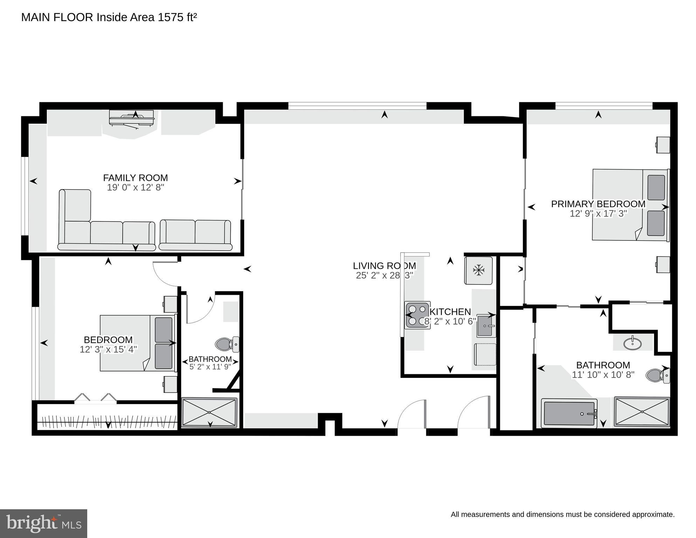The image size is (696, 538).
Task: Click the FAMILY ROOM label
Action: [x=135, y=178]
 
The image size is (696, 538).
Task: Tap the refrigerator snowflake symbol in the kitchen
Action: [x=478, y=270]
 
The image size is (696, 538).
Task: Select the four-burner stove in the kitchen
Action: [x=417, y=315]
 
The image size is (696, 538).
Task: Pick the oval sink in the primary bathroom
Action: [x=633, y=343]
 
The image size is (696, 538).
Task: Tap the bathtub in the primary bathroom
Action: [x=569, y=414]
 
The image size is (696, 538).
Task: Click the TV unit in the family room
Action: [x=132, y=118]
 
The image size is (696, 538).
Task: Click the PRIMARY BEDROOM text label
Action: [x=598, y=204]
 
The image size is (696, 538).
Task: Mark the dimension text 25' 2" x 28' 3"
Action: [x=384, y=275]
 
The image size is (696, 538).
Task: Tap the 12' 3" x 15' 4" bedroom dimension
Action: [x=108, y=349]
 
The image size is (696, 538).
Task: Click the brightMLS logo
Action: [x=43, y=523]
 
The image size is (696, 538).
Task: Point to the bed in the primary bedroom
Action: [x=629, y=205]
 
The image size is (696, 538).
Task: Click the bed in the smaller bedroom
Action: [x=137, y=343]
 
